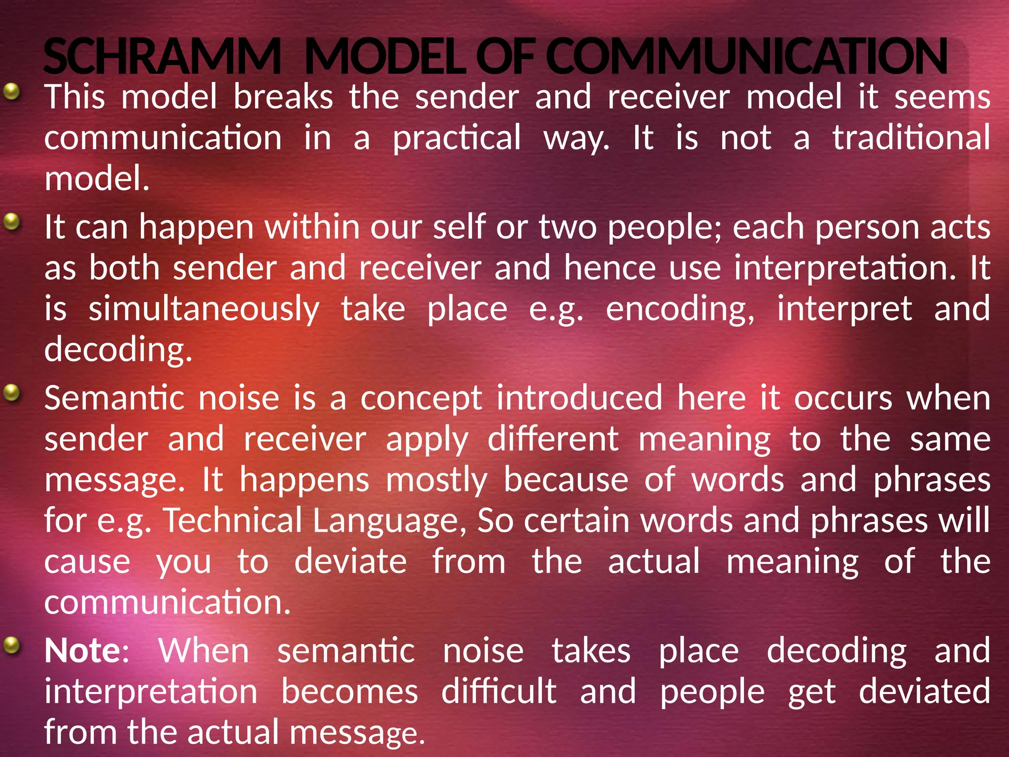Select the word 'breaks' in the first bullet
283,97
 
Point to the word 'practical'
457,138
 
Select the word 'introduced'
579,398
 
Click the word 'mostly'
437,481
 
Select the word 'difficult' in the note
499,691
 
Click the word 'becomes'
350,691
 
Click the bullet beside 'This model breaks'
12,91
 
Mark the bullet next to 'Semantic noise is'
12,393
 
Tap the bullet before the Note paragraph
12,645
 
